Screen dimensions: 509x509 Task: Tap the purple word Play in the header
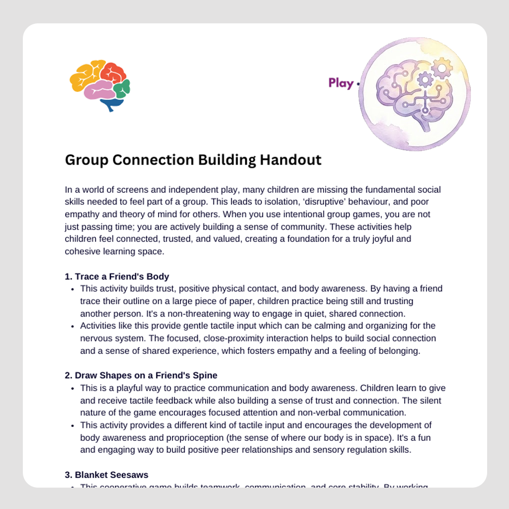(341, 83)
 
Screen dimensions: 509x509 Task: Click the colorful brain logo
(100, 85)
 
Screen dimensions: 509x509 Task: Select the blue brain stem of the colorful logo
(112, 104)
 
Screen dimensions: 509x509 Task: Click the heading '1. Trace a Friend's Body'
(117, 277)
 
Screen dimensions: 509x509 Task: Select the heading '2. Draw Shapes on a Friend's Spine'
(141, 375)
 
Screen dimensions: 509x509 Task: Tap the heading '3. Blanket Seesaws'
(106, 475)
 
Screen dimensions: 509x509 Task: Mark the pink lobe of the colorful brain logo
(99, 91)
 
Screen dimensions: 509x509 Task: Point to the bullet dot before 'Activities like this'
(73, 327)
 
